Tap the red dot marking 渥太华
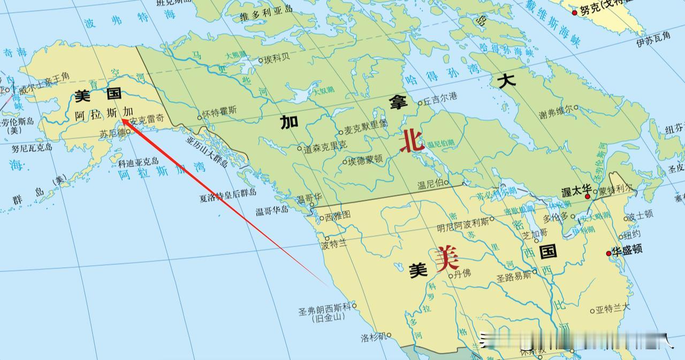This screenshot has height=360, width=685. [588, 197]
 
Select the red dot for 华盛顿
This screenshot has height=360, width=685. [608, 253]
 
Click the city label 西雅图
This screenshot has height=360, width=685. [338, 216]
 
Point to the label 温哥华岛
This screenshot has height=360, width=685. [272, 210]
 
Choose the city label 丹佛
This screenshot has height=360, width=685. [462, 274]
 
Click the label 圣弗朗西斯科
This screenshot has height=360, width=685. [325, 308]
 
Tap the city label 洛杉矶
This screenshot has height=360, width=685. [373, 337]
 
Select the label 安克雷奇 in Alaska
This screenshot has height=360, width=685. [147, 120]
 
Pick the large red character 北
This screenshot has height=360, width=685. [413, 141]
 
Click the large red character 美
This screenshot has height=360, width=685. [447, 259]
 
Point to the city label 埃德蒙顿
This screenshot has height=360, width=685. [365, 159]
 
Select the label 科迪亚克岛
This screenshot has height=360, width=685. [138, 161]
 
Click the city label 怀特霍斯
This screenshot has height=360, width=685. [220, 111]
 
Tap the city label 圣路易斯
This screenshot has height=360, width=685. [514, 277]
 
